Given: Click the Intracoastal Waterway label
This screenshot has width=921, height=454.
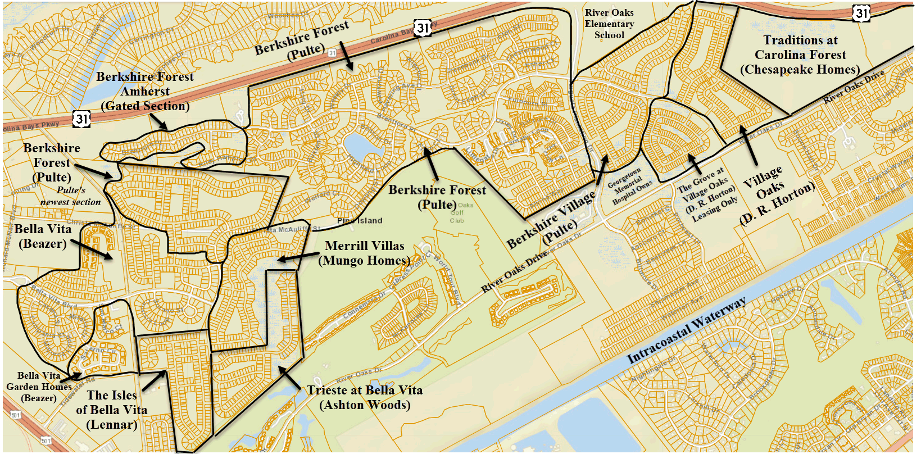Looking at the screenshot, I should [x=686, y=330].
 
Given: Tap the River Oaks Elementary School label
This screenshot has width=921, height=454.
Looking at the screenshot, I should [x=609, y=24].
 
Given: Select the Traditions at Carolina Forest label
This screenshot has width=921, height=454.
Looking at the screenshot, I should [x=800, y=55].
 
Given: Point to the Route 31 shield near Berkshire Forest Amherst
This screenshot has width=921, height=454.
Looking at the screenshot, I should [x=82, y=118].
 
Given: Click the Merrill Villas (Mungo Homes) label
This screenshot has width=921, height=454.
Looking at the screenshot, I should [x=364, y=253].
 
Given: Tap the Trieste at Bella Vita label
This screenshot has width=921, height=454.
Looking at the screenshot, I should [x=364, y=397].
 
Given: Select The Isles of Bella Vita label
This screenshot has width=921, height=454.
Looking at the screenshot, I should [x=111, y=410].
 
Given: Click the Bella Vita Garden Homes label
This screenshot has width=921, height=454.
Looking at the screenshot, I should [x=39, y=387].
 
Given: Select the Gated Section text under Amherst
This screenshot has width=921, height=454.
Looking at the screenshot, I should [x=145, y=106].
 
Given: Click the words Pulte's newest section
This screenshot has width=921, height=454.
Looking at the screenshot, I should [x=71, y=196].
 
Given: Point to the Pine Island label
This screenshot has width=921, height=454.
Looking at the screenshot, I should [x=360, y=220].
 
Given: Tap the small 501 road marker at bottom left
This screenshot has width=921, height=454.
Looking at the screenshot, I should [x=15, y=415].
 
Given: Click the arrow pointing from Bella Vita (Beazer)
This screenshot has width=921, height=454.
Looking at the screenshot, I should [x=93, y=251].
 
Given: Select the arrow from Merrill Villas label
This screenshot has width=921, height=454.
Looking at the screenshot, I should [x=298, y=257].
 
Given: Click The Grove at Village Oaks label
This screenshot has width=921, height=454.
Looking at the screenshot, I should [x=707, y=194].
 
